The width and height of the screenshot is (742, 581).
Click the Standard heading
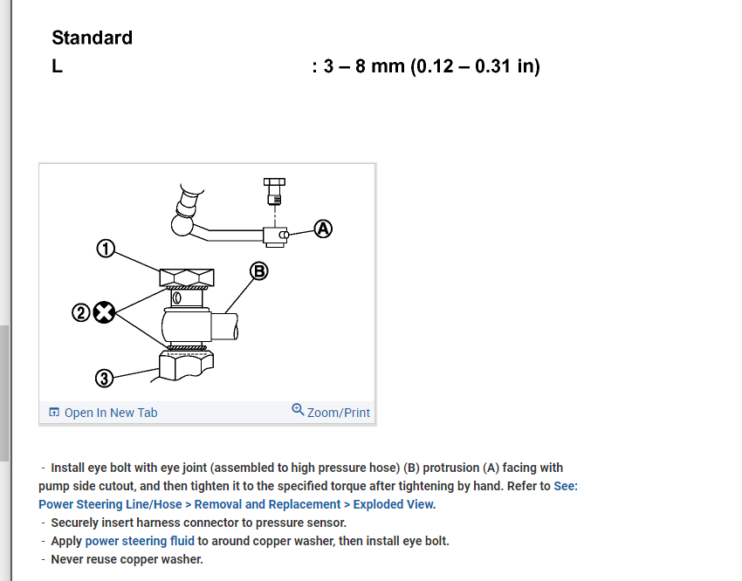[x=92, y=38]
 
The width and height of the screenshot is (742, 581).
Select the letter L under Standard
[x=57, y=66]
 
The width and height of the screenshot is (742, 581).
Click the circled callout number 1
[x=105, y=250]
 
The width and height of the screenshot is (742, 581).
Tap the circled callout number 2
[x=81, y=312]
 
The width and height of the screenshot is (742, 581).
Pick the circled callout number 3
[x=104, y=379]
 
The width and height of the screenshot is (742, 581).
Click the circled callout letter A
[x=324, y=229]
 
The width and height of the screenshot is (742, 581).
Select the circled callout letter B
[x=258, y=270]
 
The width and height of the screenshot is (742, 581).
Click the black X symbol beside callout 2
[x=104, y=312]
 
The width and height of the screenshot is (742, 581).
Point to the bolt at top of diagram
[x=273, y=188]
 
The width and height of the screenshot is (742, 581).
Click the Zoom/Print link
[x=339, y=413]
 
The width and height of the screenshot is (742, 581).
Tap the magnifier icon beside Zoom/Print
[x=298, y=409]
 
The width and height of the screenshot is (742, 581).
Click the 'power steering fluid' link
[x=140, y=541]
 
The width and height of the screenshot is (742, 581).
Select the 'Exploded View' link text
[x=393, y=504]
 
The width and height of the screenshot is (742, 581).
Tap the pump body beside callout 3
[x=186, y=367]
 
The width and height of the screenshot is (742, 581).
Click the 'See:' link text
[x=566, y=486]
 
